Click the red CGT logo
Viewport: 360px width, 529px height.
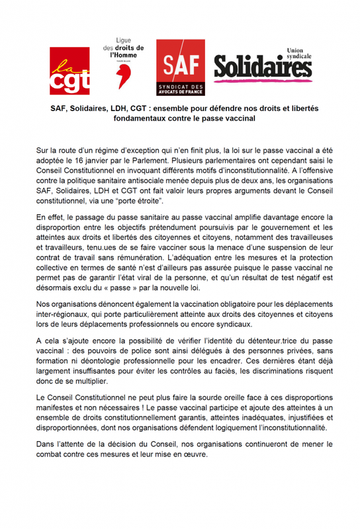[69, 71]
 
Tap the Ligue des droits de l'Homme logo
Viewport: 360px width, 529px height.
[125, 62]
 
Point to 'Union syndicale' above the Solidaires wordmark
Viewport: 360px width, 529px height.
[296, 52]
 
